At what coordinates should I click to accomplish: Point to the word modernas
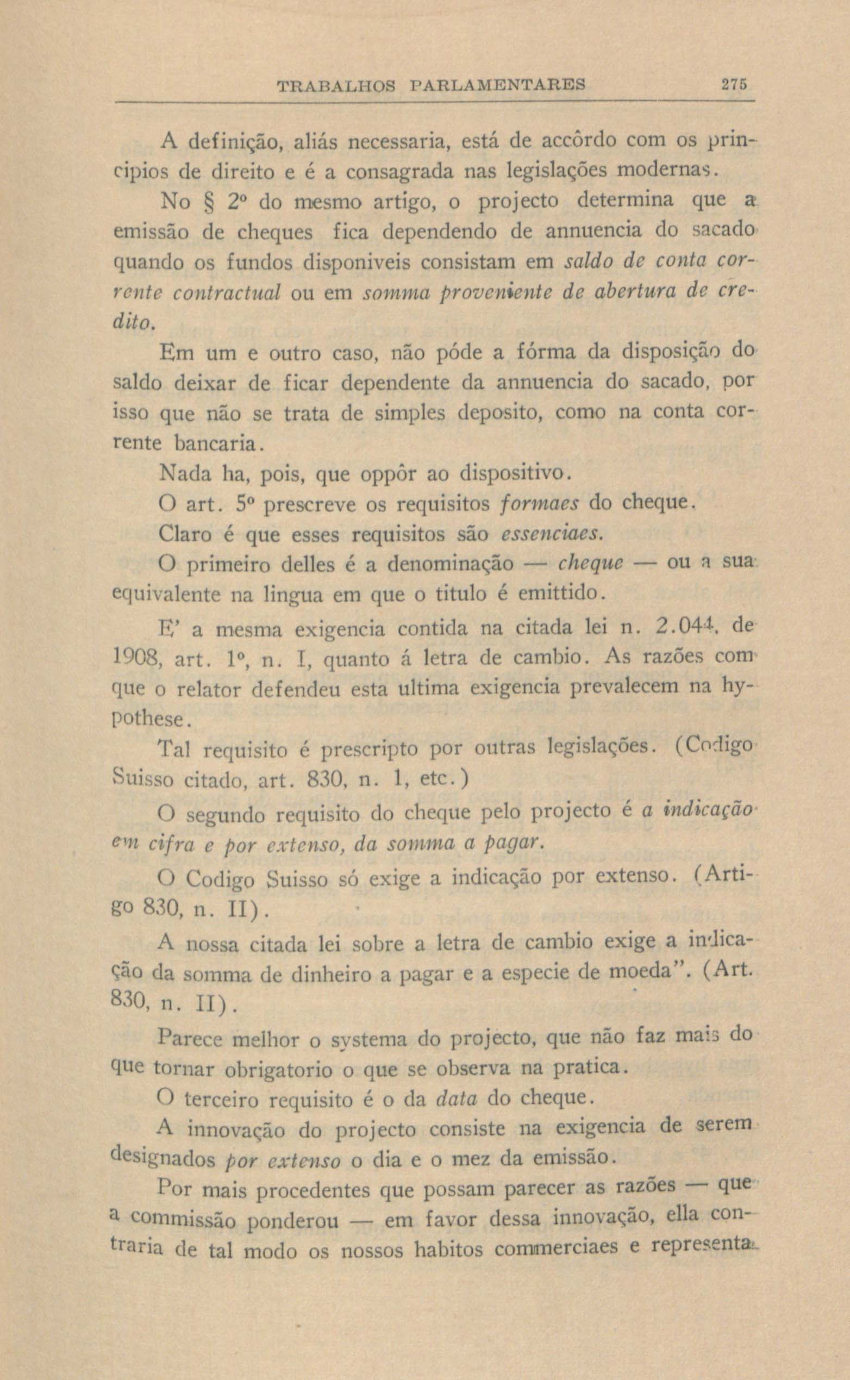coord(663,168)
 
